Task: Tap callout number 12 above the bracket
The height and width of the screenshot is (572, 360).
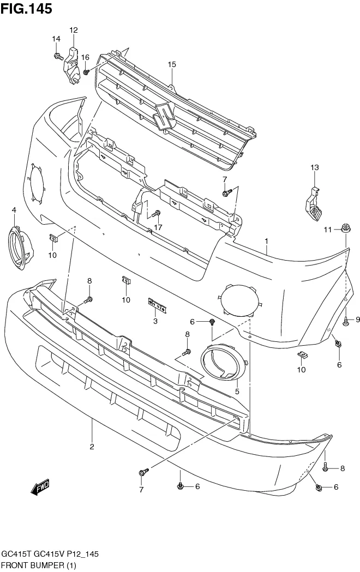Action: (x=74, y=30)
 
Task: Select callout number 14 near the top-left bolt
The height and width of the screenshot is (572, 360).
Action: (x=56, y=39)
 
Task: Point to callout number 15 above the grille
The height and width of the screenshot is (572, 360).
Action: (x=172, y=64)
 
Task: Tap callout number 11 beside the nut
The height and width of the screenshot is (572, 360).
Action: (x=327, y=230)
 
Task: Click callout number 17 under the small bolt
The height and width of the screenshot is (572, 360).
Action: (x=158, y=227)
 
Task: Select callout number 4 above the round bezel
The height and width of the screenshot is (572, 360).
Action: (x=14, y=210)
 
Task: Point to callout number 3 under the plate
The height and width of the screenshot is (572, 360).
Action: (x=155, y=322)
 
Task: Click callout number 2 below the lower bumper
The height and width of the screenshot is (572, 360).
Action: (x=92, y=447)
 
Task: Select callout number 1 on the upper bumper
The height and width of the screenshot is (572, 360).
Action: (x=267, y=240)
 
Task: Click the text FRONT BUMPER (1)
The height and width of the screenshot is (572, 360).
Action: (x=38, y=565)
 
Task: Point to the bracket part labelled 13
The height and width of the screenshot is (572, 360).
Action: (x=313, y=204)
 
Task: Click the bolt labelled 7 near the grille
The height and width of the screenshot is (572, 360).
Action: (x=227, y=192)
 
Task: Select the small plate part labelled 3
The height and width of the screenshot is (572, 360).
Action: (x=157, y=305)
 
